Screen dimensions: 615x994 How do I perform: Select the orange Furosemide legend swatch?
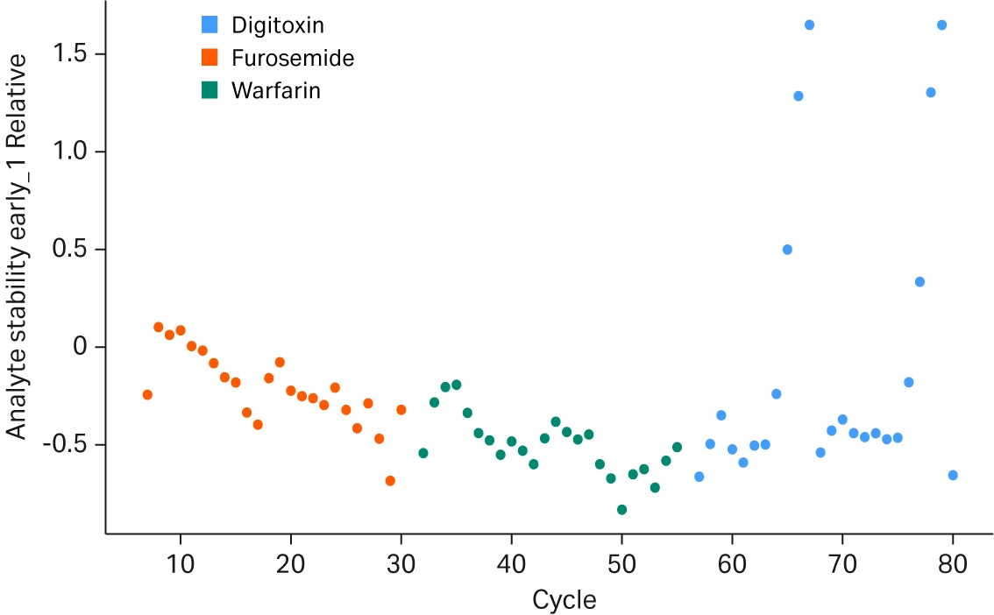(210, 58)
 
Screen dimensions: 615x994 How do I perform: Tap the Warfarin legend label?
(275, 90)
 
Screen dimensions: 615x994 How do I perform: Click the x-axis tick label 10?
(181, 562)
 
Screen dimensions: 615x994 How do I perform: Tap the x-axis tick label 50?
(621, 562)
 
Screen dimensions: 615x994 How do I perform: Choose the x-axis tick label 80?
(953, 562)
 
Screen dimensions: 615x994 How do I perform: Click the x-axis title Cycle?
(564, 600)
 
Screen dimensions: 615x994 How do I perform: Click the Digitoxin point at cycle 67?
(809, 25)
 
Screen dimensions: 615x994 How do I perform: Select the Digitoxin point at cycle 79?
(941, 25)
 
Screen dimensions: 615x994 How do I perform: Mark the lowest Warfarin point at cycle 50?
(621, 510)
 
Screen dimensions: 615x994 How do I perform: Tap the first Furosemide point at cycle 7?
(147, 395)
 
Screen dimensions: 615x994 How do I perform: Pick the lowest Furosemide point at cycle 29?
(390, 481)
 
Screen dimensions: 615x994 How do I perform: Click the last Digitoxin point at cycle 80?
(953, 475)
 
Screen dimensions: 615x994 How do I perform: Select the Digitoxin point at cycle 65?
(787, 250)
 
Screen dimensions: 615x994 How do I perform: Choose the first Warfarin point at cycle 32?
(423, 453)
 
